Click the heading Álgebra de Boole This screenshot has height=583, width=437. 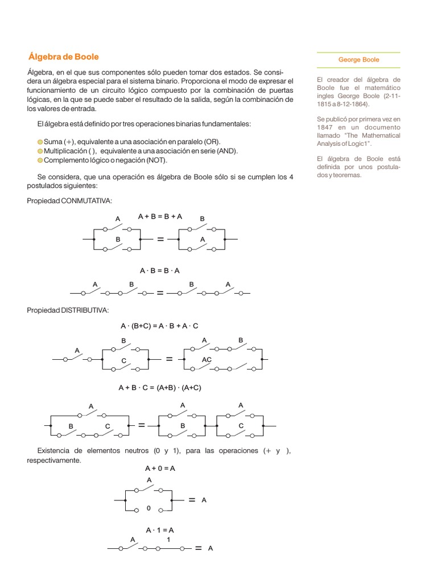tap(63, 57)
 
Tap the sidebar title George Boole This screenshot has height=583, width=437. tap(358, 60)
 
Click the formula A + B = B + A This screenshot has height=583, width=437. tap(160, 216)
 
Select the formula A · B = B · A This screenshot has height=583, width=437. tap(160, 270)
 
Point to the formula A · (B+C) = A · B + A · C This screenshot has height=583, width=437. tap(159, 326)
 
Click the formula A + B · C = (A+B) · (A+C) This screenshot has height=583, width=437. tap(160, 388)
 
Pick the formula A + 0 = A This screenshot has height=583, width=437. tap(160, 468)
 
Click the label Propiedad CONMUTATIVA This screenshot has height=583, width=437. tap(70, 201)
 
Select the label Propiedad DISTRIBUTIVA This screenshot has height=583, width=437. tap(68, 310)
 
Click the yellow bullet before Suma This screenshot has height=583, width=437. tap(39, 142)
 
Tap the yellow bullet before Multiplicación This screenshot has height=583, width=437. tap(39, 151)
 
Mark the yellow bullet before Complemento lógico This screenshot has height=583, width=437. tap(39, 161)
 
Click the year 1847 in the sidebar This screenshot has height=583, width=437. tap(326, 128)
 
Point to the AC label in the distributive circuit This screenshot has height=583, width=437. tap(207, 360)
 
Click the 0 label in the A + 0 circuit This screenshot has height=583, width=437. tap(148, 508)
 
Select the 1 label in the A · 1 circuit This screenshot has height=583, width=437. tap(168, 539)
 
